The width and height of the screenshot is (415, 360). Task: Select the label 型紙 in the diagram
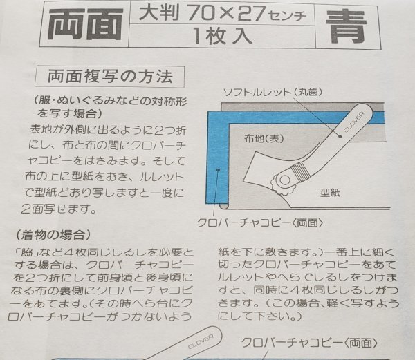pos(328,193)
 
